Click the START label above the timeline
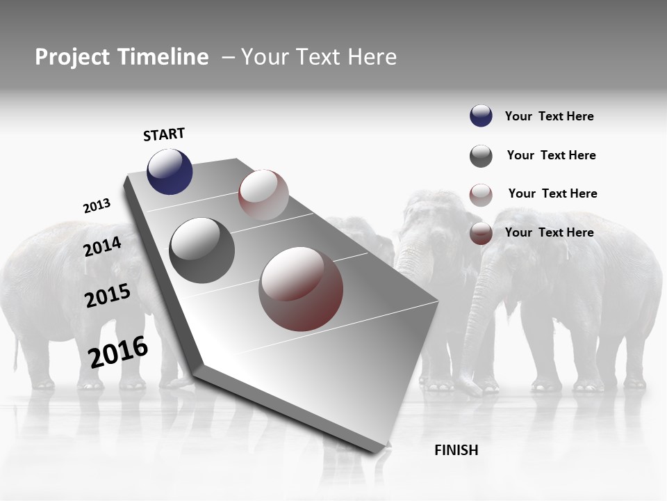(x=164, y=134)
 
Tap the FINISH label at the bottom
(x=456, y=450)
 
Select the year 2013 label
(x=97, y=206)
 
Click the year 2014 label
(x=102, y=246)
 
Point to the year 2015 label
(x=108, y=296)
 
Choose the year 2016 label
(x=118, y=351)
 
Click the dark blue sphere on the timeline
(x=170, y=172)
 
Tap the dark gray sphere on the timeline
(x=202, y=250)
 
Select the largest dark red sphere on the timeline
(x=301, y=289)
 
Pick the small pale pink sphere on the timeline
(x=263, y=195)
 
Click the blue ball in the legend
(x=481, y=116)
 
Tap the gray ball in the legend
(x=481, y=156)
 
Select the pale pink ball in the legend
(x=481, y=195)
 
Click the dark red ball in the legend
(x=481, y=233)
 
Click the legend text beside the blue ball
(x=549, y=116)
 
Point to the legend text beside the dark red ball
(x=549, y=232)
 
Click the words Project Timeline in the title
(x=122, y=57)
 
